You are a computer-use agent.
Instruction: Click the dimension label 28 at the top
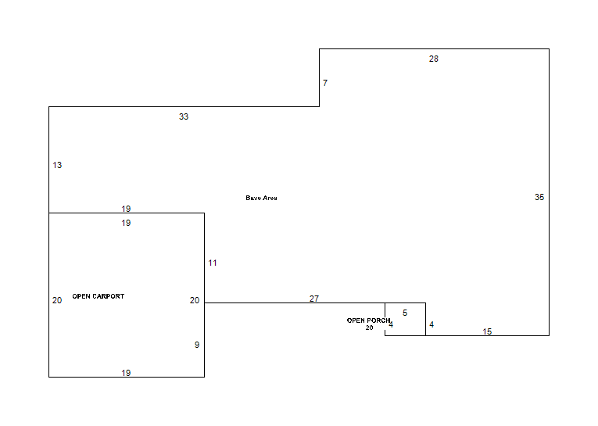point(434,59)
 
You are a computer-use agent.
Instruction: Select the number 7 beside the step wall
point(325,83)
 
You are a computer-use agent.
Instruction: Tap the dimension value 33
point(184,116)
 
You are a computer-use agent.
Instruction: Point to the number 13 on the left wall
point(57,165)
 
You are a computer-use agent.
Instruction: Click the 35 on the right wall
point(539,197)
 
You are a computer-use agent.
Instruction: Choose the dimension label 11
point(213,263)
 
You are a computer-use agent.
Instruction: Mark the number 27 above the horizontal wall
point(314,299)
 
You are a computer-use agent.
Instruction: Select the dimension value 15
point(487,331)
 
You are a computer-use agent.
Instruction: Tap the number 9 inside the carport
point(197,345)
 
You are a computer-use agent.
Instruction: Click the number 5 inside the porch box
point(405,313)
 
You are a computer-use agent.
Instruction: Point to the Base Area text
point(261,198)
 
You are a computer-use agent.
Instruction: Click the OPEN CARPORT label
point(98,296)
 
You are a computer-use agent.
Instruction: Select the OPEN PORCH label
point(368,320)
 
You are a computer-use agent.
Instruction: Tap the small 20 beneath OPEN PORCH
point(369,328)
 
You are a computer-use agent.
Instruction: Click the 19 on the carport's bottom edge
point(126,373)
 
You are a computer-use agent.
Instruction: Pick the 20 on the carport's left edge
point(57,300)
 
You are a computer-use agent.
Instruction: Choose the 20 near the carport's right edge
point(195,300)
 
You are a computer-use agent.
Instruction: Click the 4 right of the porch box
point(431,324)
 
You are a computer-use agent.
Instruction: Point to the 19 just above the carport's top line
point(126,209)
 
